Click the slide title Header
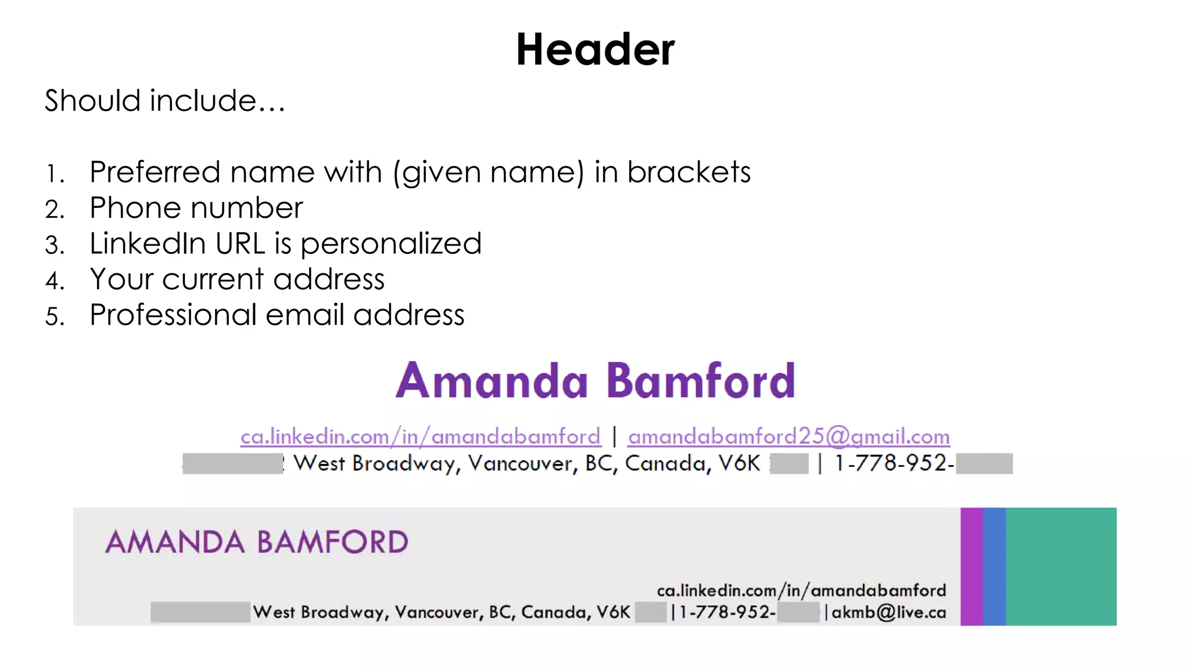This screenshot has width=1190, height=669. coord(595,49)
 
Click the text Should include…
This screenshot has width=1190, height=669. coord(165,100)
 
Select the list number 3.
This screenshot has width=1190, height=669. coord(55,245)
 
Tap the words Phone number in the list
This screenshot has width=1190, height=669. coord(196,208)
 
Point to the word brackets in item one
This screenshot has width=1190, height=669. coord(689,172)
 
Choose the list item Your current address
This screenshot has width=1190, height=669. coord(237,279)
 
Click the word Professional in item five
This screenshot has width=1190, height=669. coord(173,315)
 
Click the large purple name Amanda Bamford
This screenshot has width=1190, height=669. coord(595,381)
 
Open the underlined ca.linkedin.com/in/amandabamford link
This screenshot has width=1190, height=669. coord(420,437)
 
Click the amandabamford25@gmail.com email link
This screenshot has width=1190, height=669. coord(788,437)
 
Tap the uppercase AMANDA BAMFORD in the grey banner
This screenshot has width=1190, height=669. coord(257,542)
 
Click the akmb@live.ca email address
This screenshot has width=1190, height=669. coord(889,613)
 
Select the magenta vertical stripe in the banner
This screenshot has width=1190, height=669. coord(972,566)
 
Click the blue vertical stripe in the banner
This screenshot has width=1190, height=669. coord(994,566)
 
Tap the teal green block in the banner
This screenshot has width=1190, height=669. coord(1061,566)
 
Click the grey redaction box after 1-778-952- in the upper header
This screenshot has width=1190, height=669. coord(984,464)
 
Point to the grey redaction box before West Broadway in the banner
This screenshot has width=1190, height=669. coord(200,612)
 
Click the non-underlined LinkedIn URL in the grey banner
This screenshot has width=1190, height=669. coord(801,591)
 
